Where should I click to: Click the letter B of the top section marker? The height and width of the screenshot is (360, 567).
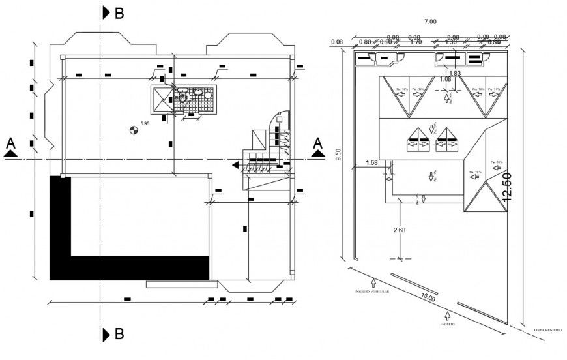[119, 14]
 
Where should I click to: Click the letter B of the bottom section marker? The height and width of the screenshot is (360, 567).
[119, 335]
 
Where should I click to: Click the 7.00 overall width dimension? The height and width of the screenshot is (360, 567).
[430, 22]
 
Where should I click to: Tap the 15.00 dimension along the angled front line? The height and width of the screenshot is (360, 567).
[428, 297]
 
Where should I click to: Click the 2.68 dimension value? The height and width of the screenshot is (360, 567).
[400, 230]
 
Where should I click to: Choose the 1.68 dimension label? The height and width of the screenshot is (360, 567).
[372, 162]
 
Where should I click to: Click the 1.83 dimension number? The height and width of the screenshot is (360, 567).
[454, 73]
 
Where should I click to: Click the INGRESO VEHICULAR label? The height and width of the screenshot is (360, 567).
[373, 292]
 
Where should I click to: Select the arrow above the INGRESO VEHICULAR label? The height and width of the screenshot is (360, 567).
[373, 282]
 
